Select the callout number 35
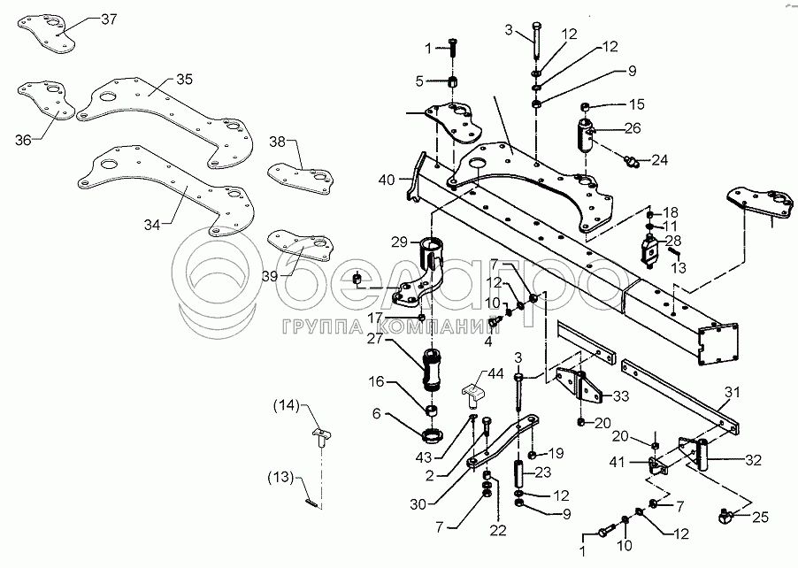click(x=183, y=79)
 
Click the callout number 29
click(x=398, y=242)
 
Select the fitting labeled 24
click(x=632, y=160)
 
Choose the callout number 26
click(x=633, y=128)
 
